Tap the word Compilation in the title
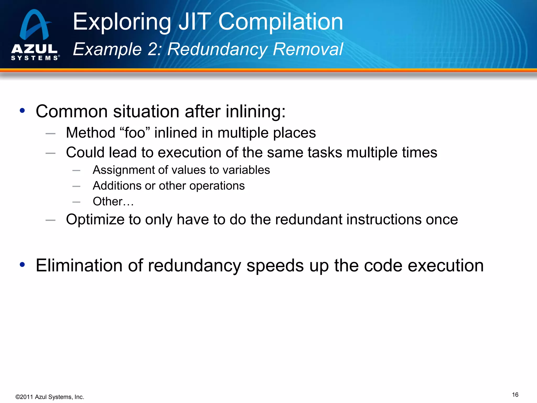[281, 22]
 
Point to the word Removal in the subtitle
[308, 49]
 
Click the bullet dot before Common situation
[22, 111]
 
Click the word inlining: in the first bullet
[256, 112]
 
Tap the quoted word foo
[135, 132]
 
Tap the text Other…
[113, 201]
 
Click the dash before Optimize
[50, 220]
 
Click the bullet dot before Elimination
[22, 265]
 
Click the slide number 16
[515, 395]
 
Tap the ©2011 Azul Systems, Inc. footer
[50, 397]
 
